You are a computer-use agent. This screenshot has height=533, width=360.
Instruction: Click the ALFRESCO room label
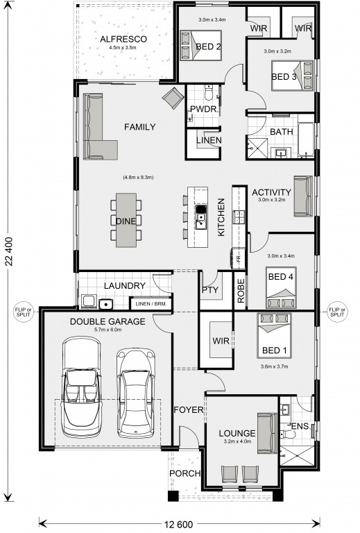(x=123, y=39)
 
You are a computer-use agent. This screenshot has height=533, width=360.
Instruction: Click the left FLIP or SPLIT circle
(x=24, y=312)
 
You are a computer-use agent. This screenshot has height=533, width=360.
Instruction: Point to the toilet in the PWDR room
(x=208, y=92)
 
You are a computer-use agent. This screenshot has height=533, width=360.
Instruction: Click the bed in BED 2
(x=200, y=45)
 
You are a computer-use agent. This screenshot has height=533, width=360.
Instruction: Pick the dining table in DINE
(x=126, y=220)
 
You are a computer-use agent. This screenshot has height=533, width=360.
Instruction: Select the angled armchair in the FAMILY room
(x=173, y=98)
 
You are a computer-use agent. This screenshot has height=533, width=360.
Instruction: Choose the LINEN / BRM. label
(x=151, y=304)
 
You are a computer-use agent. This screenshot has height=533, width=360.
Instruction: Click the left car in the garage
(x=82, y=387)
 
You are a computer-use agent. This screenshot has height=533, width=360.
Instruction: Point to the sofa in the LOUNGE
(x=267, y=433)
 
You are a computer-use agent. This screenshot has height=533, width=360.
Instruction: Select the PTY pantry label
(x=210, y=290)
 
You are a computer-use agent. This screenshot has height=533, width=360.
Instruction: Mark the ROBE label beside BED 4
(x=241, y=291)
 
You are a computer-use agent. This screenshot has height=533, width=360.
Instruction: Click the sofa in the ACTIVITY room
(x=303, y=196)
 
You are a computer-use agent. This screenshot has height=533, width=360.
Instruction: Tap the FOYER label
(x=189, y=410)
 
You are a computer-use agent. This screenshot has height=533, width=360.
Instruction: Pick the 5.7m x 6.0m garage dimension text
(x=108, y=330)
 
